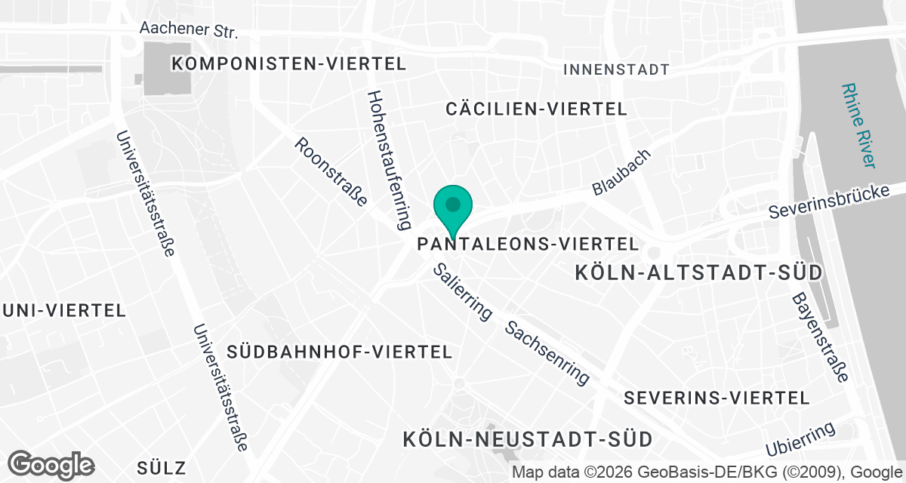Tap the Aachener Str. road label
coord(189,30)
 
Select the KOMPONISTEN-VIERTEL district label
coord(289,63)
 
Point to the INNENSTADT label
coord(617,69)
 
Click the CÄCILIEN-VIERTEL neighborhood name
coord(536,109)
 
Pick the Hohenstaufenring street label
coord(389,160)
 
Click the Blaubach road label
coord(621,172)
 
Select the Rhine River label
coord(860,125)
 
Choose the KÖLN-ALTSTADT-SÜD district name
coord(698,272)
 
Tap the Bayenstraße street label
coord(820,337)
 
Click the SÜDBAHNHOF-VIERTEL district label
coord(339,352)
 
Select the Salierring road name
coord(462,291)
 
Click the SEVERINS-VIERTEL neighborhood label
coord(717,398)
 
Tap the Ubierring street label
coord(800,439)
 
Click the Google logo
coord(51,464)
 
